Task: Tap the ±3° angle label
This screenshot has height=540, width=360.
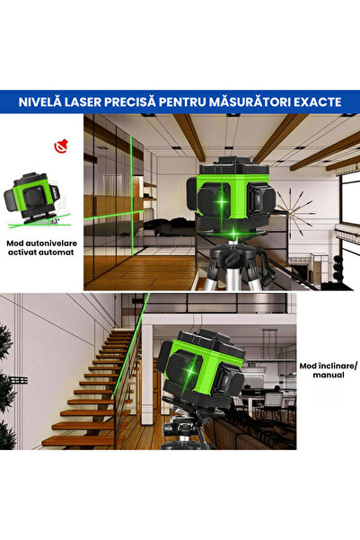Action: (55, 219)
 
